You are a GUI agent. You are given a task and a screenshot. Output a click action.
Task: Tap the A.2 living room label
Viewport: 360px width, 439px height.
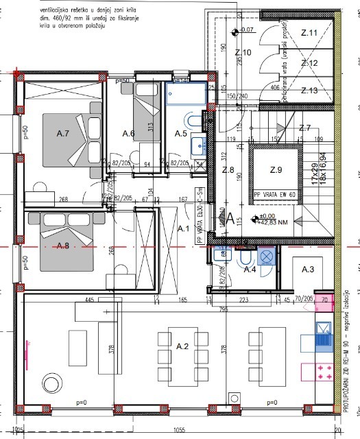click(x=182, y=348)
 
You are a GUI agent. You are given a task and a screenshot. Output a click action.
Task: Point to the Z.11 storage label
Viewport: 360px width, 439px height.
click(x=309, y=32)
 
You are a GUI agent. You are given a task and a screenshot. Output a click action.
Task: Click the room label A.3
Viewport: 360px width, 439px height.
click(x=308, y=270)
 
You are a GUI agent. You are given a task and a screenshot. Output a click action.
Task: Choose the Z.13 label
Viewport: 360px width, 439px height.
click(x=309, y=90)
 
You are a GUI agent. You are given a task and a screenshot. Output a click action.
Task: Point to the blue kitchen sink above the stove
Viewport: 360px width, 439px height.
click(x=322, y=338)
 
